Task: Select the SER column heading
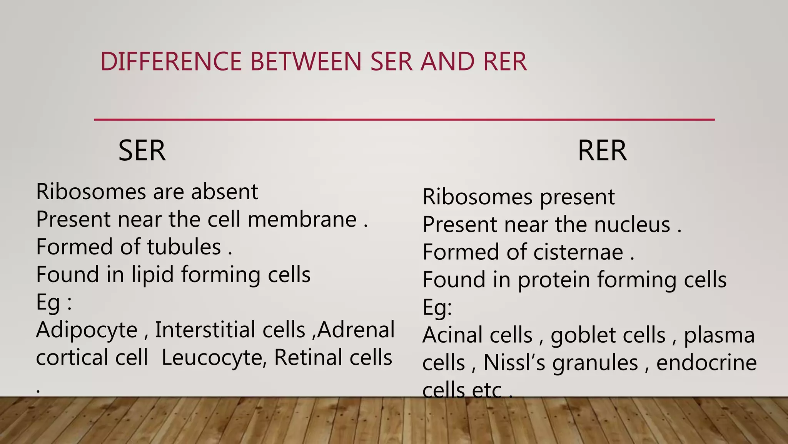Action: (x=142, y=151)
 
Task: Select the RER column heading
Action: (x=602, y=151)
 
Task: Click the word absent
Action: (x=224, y=192)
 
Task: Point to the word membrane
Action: (x=302, y=219)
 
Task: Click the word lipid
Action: (x=152, y=275)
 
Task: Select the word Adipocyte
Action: (x=87, y=330)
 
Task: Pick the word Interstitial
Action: (x=230, y=330)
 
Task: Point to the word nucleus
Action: (x=632, y=225)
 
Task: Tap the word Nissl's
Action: (x=514, y=363)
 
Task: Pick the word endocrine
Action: (x=706, y=363)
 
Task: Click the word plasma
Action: (x=719, y=336)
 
